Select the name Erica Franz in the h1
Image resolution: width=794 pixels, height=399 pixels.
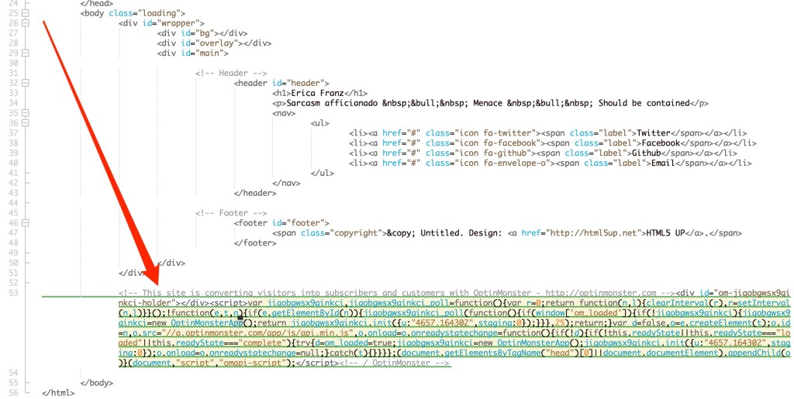point(318,93)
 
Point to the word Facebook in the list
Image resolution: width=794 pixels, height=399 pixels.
point(659,143)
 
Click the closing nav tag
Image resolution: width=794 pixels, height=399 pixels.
point(286,183)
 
